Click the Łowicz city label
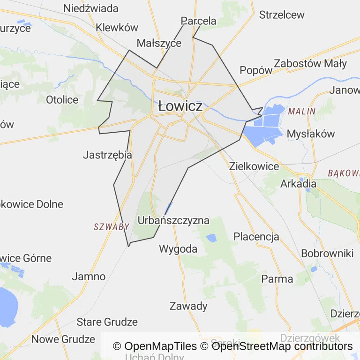coord(180,106)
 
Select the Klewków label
coord(117,27)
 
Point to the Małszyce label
coord(159,43)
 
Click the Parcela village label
coord(199,21)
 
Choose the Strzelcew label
coord(282,15)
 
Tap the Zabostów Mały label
coord(310,63)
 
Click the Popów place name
coord(256,70)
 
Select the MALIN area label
coord(302,112)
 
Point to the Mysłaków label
coord(311,134)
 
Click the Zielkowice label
coord(254,166)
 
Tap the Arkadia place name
coord(298,184)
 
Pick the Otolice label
coord(62,99)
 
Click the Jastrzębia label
coord(107,155)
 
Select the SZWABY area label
coord(112,227)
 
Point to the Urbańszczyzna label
coord(174,220)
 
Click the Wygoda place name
coord(178,248)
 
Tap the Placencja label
coord(256,236)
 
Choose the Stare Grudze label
coord(107,322)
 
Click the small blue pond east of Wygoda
coord(211,238)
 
